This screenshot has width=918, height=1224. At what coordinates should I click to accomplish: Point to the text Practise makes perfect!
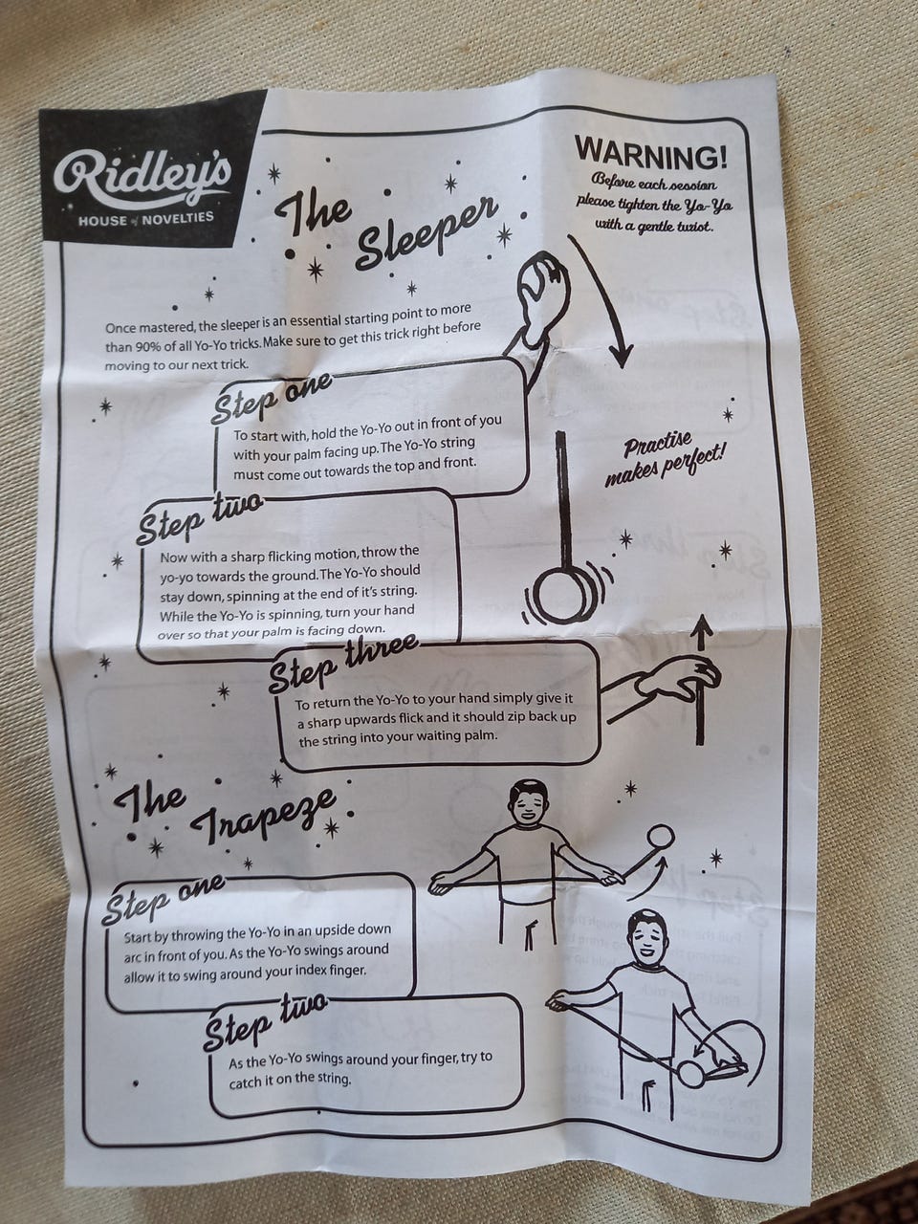tap(675, 460)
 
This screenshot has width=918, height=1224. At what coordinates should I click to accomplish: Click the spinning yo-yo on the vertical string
tap(558, 597)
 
